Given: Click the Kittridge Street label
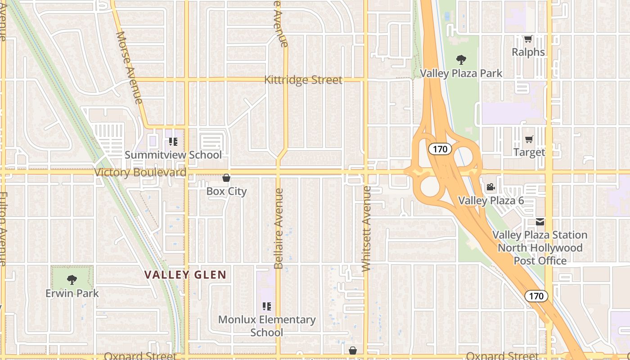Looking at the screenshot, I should click(x=303, y=80).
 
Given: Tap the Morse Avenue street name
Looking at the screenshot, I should click(x=129, y=67).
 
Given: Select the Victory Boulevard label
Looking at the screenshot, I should click(x=140, y=172).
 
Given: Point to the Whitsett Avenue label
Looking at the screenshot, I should click(x=366, y=229).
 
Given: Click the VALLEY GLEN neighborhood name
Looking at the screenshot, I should click(x=185, y=274).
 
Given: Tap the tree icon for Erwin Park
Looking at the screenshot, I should click(x=72, y=279).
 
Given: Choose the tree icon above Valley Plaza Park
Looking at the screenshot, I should click(x=461, y=59).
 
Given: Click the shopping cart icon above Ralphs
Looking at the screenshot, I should click(x=528, y=39).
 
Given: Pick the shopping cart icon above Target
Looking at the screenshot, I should click(x=529, y=139).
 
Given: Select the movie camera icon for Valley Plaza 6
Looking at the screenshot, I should click(x=490, y=187).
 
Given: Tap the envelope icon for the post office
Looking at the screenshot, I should click(x=540, y=222).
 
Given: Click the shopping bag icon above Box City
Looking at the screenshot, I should click(x=226, y=178).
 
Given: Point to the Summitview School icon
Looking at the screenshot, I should click(x=173, y=142).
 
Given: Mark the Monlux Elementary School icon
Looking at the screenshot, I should click(x=267, y=306).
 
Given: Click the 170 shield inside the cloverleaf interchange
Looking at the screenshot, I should click(x=440, y=148).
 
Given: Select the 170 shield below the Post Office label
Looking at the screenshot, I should click(x=536, y=296).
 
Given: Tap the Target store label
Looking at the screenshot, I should click(x=529, y=152).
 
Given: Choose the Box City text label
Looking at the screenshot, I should click(x=226, y=191).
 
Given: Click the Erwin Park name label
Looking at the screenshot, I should click(x=72, y=293).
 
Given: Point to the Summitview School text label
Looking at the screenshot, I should click(x=173, y=155).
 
